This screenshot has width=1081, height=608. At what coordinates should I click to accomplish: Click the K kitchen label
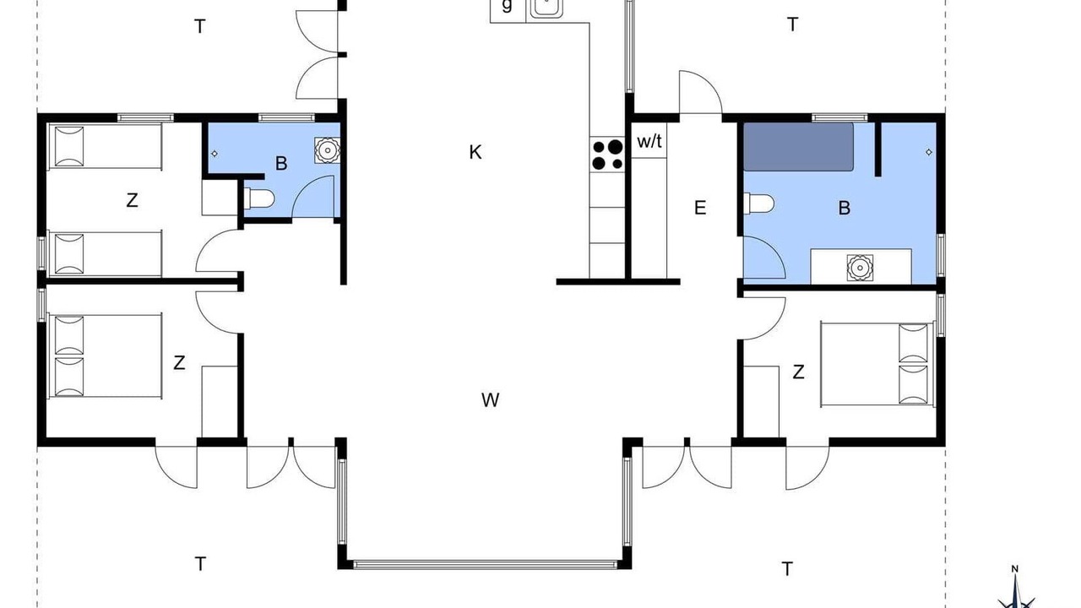click(475, 153)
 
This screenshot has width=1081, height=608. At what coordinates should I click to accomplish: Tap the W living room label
click(491, 400)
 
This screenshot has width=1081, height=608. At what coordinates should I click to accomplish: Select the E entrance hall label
click(700, 208)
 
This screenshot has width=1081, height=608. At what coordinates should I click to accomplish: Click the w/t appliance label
click(649, 141)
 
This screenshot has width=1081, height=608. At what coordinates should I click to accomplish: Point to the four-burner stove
click(607, 155)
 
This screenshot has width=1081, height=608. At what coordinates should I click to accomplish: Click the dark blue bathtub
click(798, 147)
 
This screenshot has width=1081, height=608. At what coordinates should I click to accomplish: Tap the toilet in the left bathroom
click(259, 198)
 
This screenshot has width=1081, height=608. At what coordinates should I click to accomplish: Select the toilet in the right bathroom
click(758, 204)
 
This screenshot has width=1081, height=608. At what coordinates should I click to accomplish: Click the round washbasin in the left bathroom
click(328, 150)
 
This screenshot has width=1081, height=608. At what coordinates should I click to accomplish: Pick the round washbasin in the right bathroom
click(860, 268)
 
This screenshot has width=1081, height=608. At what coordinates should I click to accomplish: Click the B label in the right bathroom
click(844, 208)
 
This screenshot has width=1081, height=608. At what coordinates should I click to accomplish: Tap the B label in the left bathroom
click(281, 164)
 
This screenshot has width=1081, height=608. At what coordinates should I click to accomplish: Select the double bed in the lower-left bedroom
click(105, 356)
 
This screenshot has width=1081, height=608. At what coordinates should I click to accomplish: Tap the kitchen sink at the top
click(546, 8)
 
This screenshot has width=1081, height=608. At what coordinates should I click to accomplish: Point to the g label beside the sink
click(507, 6)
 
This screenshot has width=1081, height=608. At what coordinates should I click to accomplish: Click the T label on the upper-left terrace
click(200, 26)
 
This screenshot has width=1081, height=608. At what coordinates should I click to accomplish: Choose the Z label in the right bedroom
click(799, 372)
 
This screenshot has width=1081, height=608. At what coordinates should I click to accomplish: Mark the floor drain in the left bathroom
click(215, 154)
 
